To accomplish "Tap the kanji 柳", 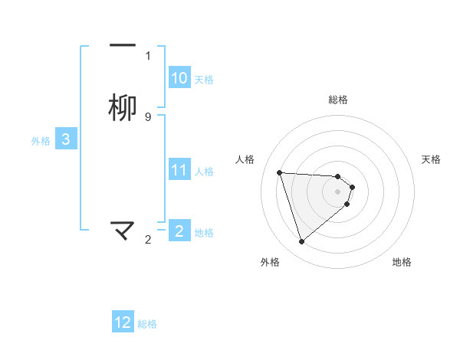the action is pos(123,108).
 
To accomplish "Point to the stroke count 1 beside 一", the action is pos(148,56).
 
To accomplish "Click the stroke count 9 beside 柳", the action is pos(148,117).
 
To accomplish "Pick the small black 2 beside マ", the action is pos(148,240).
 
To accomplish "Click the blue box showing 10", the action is pos(179,78).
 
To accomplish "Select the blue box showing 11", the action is pos(179,170).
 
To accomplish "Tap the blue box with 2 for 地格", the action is pos(179,231).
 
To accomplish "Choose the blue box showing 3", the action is pos(66,139).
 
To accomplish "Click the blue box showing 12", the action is pos(123,322).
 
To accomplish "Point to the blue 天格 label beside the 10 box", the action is pos(204,79).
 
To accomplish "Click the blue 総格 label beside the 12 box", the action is pos(147,324).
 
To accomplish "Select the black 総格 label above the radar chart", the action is pos(338,100).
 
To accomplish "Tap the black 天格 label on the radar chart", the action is pos(431,159).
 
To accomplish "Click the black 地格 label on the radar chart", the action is pos(402,262).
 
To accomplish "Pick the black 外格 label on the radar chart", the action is pos(270,262).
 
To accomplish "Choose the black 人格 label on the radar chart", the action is pos(245,159).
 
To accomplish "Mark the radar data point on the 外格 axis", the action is pos(301,242).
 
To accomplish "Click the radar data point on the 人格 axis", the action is pos(280,172).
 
